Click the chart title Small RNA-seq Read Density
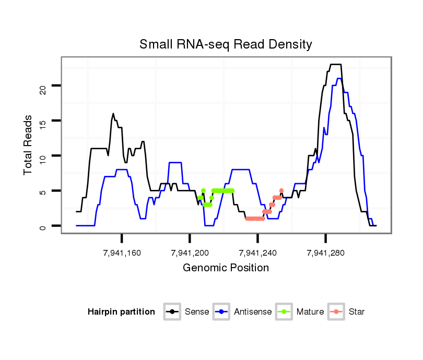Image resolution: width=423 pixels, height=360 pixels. pos(226,44)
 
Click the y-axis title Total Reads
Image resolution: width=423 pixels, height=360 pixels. pos(29,145)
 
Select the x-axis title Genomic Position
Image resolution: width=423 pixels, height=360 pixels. pos(226,268)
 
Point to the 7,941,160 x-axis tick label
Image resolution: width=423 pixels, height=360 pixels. pos(122,253)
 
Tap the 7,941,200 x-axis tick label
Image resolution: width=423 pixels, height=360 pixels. pos(190,253)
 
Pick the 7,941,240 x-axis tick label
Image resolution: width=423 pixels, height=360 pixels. pos(258,253)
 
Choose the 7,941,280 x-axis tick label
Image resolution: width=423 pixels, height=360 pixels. pos(326,253)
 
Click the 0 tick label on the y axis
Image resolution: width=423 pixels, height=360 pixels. pos(43,226)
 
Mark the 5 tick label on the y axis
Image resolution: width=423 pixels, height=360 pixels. pos(43,191)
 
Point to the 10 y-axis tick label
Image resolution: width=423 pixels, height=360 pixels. pos(43,156)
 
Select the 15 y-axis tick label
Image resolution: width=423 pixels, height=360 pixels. pos(43,121)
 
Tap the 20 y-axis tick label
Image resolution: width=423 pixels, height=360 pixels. pos(43,86)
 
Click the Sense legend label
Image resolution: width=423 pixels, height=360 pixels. pos(197,312)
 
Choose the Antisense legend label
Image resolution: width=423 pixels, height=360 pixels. pos(253,312)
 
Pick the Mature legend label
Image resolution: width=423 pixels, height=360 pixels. pos(310,312)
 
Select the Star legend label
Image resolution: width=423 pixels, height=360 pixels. pos(357,312)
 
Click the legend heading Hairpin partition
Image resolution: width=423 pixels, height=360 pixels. pos(121,312)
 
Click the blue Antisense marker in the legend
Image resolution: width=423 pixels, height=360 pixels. pos(222,312)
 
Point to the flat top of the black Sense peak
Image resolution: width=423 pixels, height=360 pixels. pos(336,65)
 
